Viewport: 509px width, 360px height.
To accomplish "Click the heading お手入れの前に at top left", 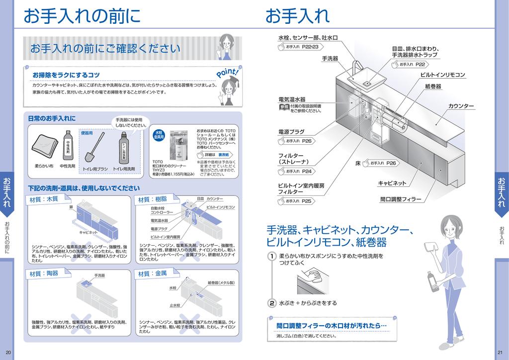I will [x=82, y=16].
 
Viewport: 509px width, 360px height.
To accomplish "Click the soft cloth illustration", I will [x=45, y=144].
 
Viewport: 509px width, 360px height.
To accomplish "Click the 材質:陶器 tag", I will [x=44, y=273].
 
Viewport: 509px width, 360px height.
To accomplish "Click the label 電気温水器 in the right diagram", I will [x=292, y=99].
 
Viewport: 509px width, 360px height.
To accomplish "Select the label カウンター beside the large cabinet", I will [x=461, y=106].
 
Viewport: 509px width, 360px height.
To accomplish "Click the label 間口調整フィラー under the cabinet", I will [x=401, y=199].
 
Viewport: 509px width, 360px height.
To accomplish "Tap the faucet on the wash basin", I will [x=356, y=68].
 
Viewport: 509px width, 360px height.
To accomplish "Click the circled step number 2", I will [x=272, y=303].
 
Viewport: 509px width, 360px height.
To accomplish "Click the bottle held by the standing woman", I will [x=431, y=281].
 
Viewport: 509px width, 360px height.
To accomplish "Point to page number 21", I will [x=500, y=353].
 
